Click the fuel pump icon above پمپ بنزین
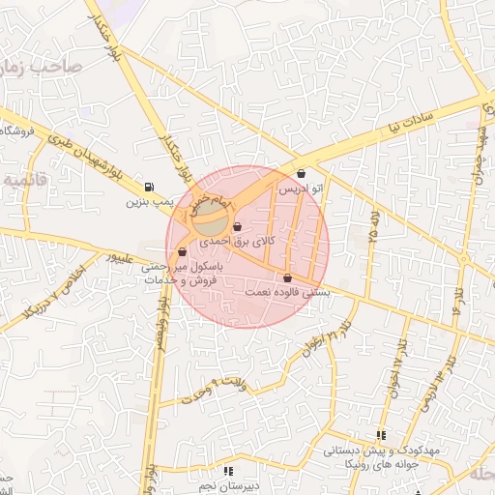point(147,188)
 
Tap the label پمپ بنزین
point(148,204)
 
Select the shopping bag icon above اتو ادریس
point(302,174)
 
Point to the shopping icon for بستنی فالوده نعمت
point(288,277)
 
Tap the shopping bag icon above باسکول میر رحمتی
point(181,249)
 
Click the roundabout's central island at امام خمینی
point(206,221)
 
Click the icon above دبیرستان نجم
point(228,471)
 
